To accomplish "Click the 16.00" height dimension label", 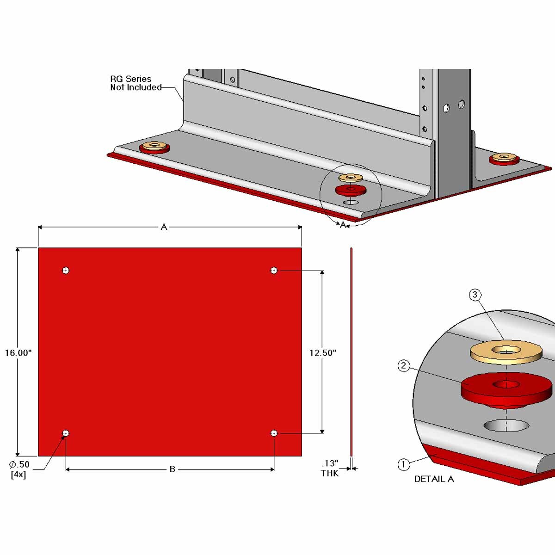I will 18,353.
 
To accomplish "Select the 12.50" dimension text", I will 323,353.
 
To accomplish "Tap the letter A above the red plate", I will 164,227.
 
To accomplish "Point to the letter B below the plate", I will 172,469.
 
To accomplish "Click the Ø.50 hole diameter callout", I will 19,464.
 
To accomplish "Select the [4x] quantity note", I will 18,475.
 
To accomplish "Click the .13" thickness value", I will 330,463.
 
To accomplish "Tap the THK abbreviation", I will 330,473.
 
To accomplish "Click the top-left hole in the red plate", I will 66,270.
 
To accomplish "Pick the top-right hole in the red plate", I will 274,270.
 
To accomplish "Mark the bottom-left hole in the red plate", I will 66,433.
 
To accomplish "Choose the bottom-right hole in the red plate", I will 274,433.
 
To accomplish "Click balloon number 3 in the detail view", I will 475,295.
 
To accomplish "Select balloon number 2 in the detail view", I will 403,366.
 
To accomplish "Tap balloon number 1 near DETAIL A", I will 403,464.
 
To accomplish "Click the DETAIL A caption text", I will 434,479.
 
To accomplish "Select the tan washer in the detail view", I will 506,351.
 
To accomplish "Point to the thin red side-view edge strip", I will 351,351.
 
